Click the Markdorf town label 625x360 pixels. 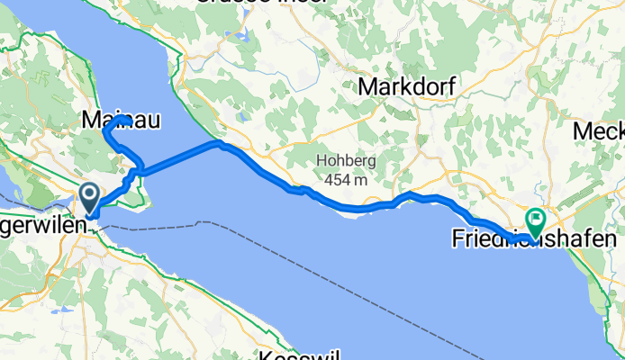point(408,86)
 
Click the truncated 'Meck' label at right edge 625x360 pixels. point(599,131)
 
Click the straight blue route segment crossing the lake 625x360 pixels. point(177,157)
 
